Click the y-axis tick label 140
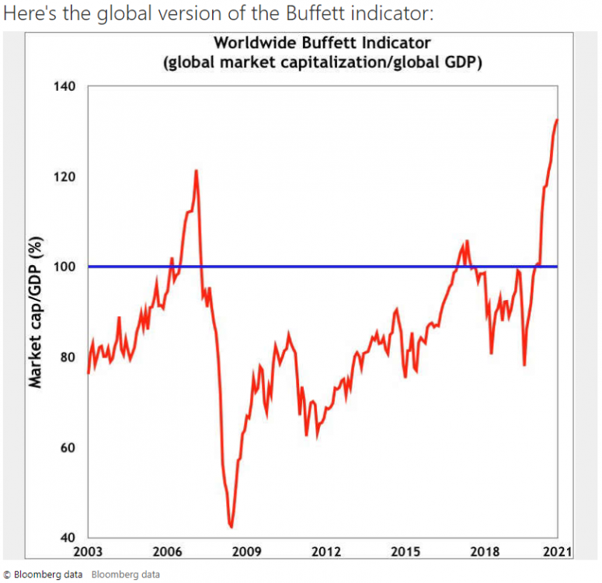point(65,86)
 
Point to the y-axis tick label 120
point(65,176)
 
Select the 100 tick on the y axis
point(65,267)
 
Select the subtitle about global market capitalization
point(322,62)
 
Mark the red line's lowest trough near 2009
point(231,527)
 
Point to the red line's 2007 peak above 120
point(196,170)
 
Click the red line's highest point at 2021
point(557,120)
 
